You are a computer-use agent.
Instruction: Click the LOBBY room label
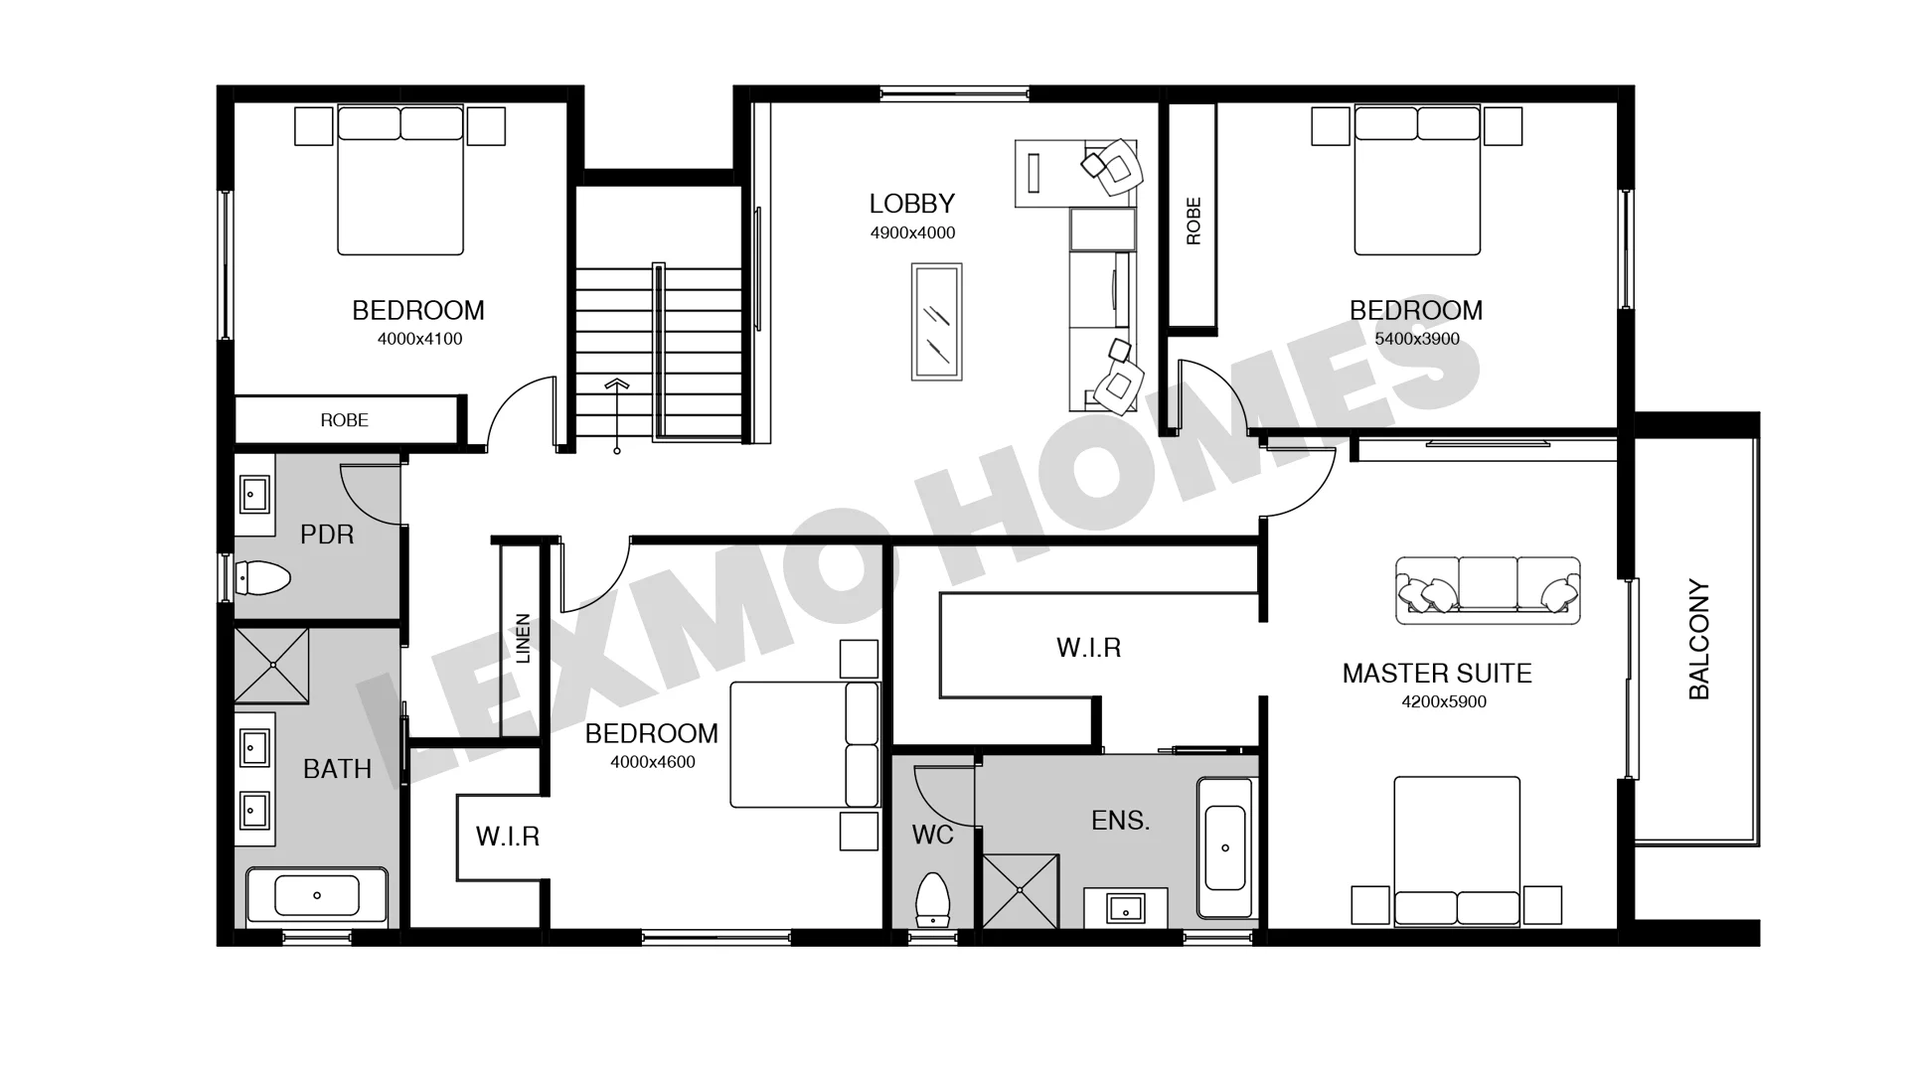click(x=911, y=204)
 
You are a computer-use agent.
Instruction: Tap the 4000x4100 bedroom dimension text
click(x=419, y=339)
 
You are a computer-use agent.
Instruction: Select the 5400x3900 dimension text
click(x=1417, y=339)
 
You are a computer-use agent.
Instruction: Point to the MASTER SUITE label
click(x=1437, y=674)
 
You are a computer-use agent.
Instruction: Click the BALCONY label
click(x=1699, y=640)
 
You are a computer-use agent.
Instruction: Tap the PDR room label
click(x=327, y=535)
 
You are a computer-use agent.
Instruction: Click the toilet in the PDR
click(x=262, y=577)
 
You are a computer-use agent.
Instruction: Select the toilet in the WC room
click(x=932, y=898)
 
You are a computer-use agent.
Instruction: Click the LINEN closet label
click(x=523, y=638)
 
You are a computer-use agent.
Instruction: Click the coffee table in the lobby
click(x=937, y=321)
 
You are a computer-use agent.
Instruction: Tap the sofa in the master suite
click(x=1488, y=590)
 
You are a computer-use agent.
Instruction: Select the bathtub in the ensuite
click(x=1225, y=847)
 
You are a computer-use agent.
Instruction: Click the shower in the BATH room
click(x=271, y=667)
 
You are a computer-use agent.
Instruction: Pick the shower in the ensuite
click(x=1021, y=891)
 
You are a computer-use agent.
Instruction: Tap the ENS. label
click(x=1120, y=821)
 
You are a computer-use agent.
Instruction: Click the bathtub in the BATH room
click(x=317, y=895)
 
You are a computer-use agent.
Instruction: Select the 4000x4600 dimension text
click(x=653, y=762)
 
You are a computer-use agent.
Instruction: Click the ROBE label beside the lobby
click(x=1193, y=221)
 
